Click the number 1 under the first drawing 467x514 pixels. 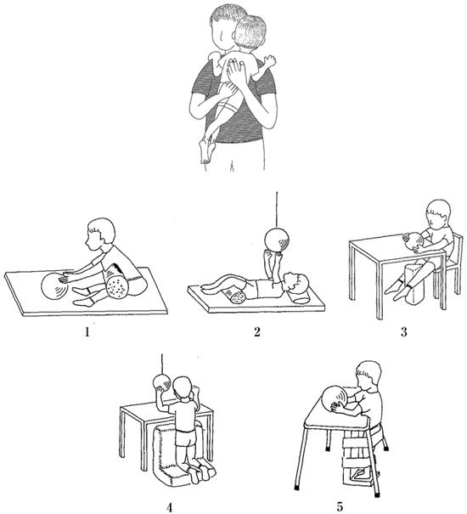[87, 332]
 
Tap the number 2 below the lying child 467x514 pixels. [257, 332]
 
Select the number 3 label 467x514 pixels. [404, 332]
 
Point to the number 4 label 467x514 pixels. [169, 508]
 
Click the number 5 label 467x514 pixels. [340, 507]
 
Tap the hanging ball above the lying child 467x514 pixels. [277, 241]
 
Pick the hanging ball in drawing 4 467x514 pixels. [162, 383]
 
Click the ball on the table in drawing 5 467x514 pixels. [336, 400]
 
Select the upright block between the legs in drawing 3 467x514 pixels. [414, 284]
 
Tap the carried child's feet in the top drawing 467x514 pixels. [207, 150]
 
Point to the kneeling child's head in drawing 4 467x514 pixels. [183, 390]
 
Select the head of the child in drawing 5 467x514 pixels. [369, 376]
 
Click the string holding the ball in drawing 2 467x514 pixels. [277, 210]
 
